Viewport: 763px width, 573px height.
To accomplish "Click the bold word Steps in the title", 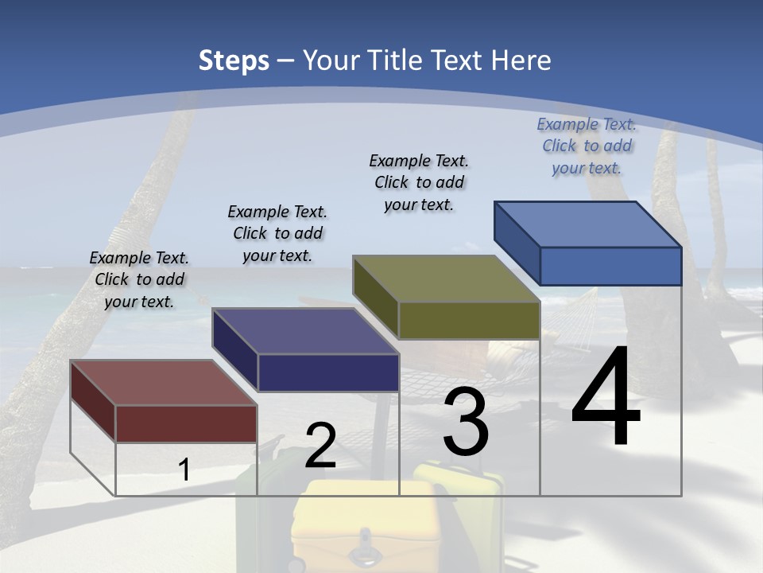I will coord(234,60).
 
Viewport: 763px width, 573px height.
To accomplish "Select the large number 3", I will coord(466,422).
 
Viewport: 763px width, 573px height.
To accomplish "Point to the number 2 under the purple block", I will coord(320,446).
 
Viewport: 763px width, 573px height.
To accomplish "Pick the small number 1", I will coord(184,470).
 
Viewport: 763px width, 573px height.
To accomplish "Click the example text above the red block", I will coord(139,279).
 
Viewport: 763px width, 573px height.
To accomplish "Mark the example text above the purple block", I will coord(277,233).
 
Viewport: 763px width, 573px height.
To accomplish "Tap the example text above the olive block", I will coord(419,182).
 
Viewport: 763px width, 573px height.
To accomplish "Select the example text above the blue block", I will coord(587,146).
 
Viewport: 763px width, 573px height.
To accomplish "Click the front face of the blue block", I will coord(610,267).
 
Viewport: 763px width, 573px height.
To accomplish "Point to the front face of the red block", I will coord(186,423).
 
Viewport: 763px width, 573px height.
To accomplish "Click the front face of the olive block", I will coord(469,321).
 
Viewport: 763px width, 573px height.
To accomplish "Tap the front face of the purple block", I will coord(328,372).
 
